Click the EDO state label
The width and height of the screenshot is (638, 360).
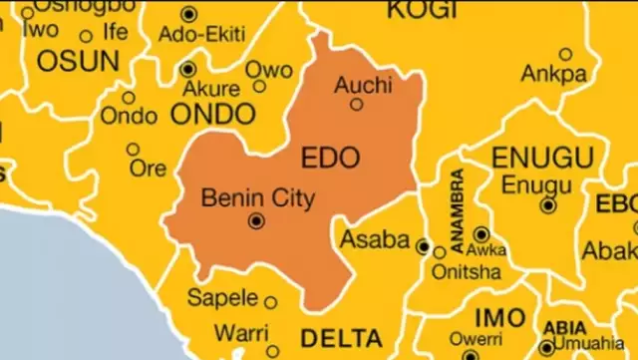[329, 157]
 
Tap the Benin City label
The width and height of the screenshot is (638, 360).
[257, 197]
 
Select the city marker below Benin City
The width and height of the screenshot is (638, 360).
[257, 220]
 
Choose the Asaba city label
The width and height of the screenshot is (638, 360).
[375, 239]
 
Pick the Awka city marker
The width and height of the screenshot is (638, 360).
[479, 234]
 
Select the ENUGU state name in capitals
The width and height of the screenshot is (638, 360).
[547, 157]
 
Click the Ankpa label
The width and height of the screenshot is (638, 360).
[553, 73]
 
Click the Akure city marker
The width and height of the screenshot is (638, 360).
[188, 69]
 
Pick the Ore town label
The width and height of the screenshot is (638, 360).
[148, 168]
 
